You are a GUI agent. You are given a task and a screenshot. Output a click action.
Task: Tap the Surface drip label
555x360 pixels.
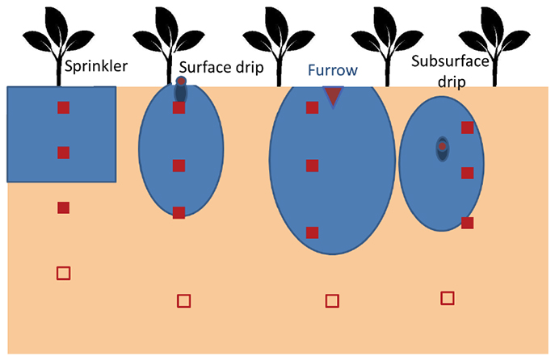tap(221, 68)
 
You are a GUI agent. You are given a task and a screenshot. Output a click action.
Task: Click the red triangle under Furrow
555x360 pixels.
tap(332, 96)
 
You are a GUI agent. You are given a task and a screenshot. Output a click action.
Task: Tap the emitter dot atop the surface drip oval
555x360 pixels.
tap(181, 82)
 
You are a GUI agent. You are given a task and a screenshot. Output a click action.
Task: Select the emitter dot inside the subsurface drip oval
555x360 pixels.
tap(443, 147)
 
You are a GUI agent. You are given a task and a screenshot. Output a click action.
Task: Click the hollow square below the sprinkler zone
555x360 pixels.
tap(63, 273)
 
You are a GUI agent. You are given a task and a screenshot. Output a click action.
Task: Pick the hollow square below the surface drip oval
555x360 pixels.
tap(183, 301)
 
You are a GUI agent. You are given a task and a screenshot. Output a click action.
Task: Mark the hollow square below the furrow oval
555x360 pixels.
tap(332, 301)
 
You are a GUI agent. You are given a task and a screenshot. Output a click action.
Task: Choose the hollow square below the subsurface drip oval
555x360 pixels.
tap(447, 298)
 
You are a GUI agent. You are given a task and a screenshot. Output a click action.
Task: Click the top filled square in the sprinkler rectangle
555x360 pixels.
tap(63, 108)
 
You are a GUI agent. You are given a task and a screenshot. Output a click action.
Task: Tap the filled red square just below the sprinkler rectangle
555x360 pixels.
tap(63, 207)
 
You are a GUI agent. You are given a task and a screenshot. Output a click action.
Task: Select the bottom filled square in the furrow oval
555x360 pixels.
tap(312, 232)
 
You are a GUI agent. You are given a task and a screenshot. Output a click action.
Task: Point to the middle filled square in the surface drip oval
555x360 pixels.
tap(179, 165)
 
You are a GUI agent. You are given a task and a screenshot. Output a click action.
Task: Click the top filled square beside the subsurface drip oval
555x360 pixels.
tap(467, 127)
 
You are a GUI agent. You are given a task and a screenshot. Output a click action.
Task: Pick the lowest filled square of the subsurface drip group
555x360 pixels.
tap(467, 223)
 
